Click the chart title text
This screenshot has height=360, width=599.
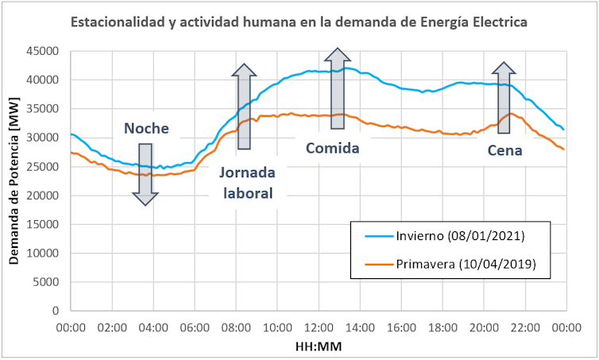click(299, 22)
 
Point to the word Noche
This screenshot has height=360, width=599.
click(145, 129)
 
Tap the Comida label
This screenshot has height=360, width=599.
click(333, 148)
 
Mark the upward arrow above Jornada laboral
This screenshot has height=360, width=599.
click(243, 106)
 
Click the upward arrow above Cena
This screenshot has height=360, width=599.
click(503, 98)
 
